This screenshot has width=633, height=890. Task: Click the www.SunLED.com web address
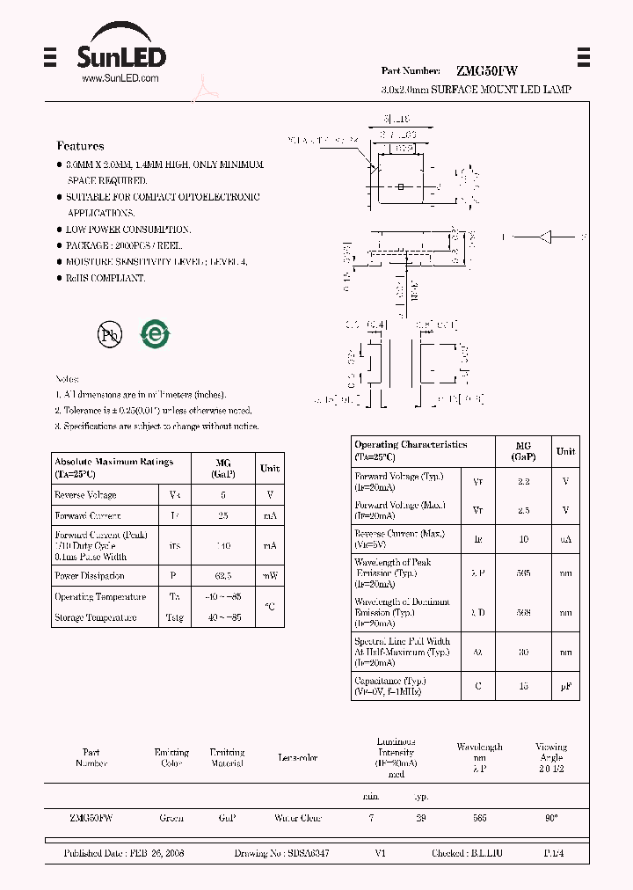tap(120, 78)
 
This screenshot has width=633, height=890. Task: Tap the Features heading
tap(80, 146)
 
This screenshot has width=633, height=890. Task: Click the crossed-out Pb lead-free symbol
tap(110, 334)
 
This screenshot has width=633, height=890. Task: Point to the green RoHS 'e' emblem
tap(156, 334)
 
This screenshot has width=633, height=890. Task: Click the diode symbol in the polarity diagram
tap(546, 237)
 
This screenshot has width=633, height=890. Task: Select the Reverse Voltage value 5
tap(222, 495)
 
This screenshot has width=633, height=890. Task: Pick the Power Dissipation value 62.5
tap(222, 576)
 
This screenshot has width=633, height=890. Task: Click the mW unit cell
tap(269, 576)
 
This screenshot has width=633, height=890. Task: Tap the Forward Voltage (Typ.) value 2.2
tap(523, 482)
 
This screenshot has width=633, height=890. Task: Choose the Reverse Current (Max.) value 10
tap(523, 538)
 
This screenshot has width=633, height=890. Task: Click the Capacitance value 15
tap(523, 686)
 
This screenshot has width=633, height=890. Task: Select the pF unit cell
tap(566, 686)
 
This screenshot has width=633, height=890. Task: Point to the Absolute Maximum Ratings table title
tap(113, 467)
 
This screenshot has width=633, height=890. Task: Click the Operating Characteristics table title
tap(411, 450)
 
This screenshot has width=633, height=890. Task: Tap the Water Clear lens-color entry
tap(298, 818)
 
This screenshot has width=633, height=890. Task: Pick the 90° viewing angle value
tap(551, 818)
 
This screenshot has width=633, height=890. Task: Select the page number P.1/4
tap(555, 854)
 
